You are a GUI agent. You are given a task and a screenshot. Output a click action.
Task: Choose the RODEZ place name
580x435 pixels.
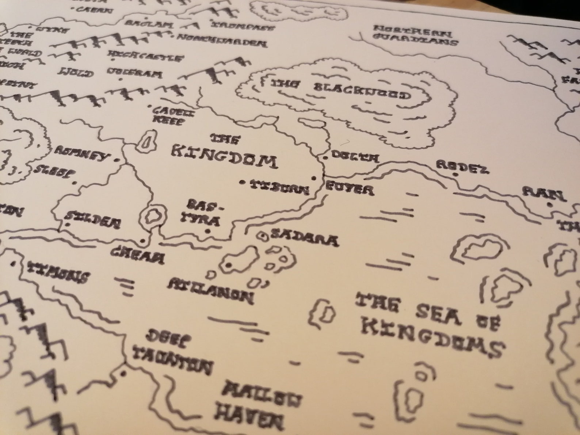(x=462, y=167)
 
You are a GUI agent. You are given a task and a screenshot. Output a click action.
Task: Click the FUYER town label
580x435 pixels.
(x=349, y=188)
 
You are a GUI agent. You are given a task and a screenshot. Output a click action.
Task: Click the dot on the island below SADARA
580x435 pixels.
(x=229, y=265)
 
